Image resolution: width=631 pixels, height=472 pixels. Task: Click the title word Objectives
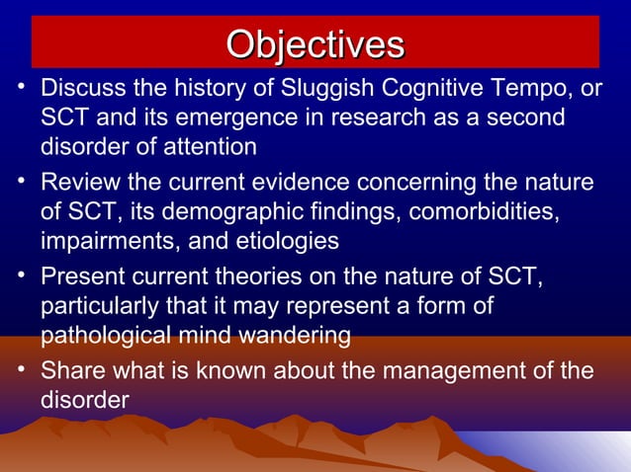click(x=315, y=44)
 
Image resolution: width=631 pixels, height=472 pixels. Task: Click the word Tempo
click(x=494, y=90)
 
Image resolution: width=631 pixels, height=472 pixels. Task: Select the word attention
click(x=213, y=147)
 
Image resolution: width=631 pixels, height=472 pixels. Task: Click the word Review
click(x=78, y=184)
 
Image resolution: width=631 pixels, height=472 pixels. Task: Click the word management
click(x=450, y=372)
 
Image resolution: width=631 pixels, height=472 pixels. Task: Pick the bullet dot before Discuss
click(x=21, y=88)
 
